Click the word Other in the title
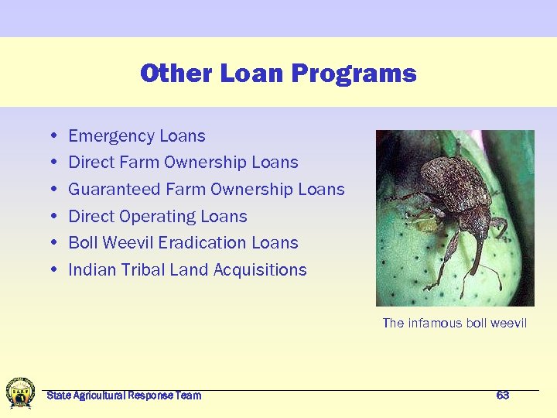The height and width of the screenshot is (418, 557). [177, 74]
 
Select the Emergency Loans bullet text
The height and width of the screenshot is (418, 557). [137, 136]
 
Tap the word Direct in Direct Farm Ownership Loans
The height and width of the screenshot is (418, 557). [90, 163]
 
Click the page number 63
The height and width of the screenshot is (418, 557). [503, 396]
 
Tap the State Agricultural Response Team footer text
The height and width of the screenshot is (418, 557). [124, 396]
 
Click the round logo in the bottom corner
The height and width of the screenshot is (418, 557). [20, 392]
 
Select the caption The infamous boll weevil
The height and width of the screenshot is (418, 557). [455, 323]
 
